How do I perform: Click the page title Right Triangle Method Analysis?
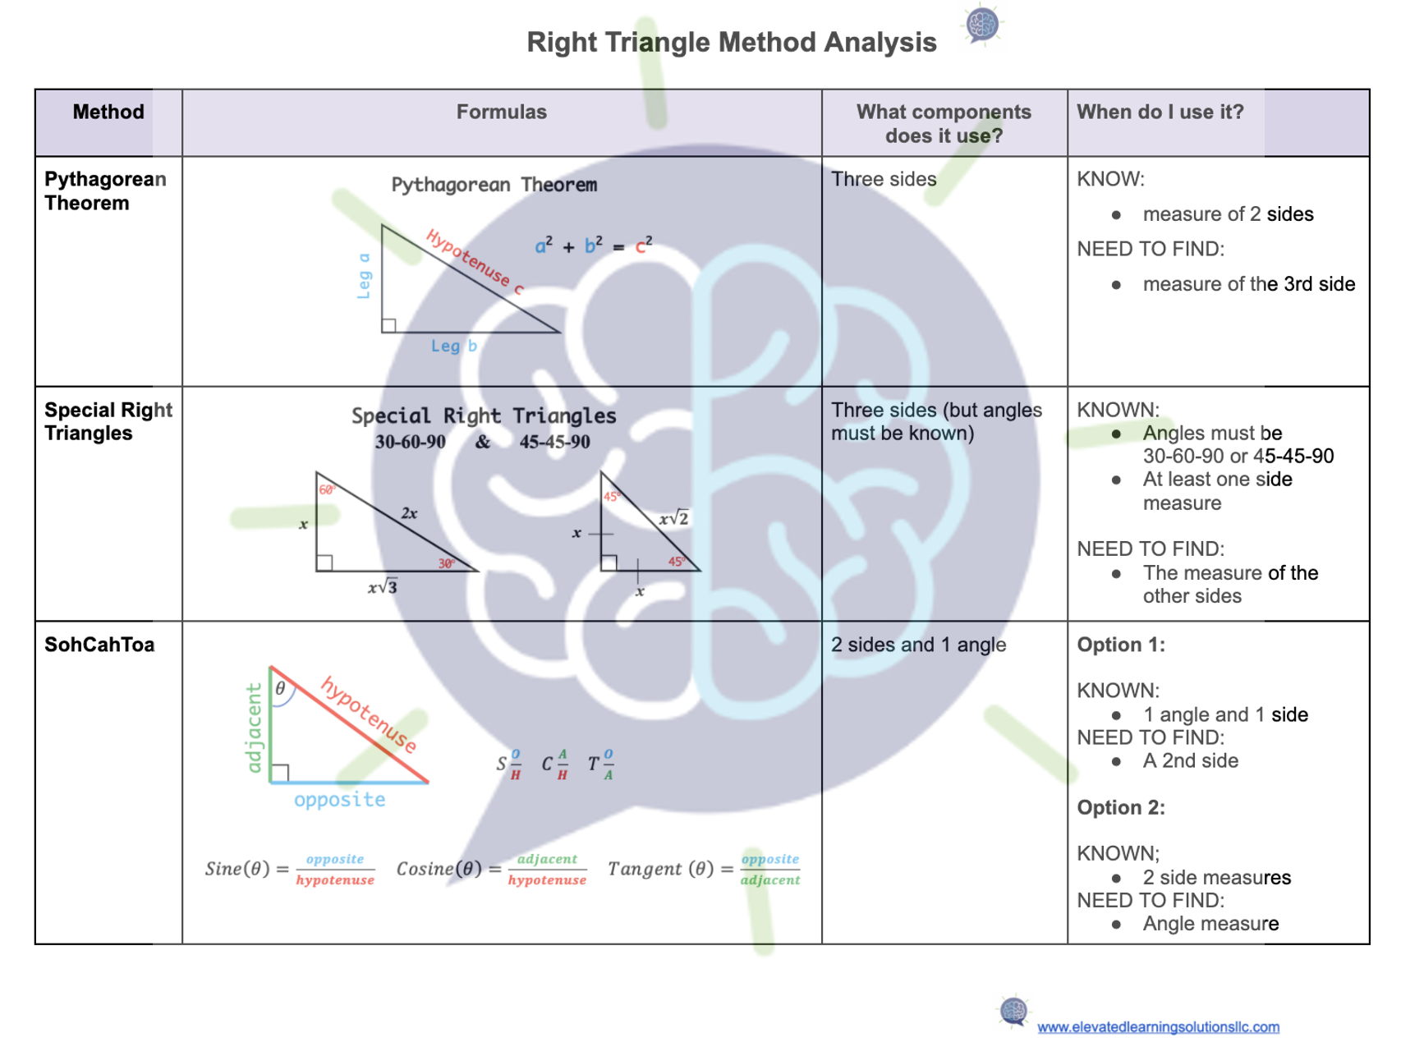[731, 42]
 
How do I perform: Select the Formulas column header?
[501, 112]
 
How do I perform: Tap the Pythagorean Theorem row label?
[105, 191]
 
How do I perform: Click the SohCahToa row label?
[99, 645]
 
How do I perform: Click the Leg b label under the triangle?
[454, 347]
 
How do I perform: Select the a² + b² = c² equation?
[594, 245]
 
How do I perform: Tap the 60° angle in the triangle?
[327, 489]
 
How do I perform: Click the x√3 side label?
[383, 587]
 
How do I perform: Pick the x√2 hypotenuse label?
[673, 518]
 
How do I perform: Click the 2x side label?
[409, 513]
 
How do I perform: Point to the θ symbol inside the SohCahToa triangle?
[281, 688]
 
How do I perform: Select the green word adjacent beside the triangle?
[255, 728]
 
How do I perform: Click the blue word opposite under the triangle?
[339, 800]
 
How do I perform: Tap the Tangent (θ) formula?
[704, 869]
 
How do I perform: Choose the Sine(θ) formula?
[290, 869]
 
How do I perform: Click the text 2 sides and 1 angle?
[918, 645]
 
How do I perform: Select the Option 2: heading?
[1121, 807]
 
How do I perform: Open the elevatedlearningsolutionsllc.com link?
[1158, 1027]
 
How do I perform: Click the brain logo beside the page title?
[982, 25]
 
